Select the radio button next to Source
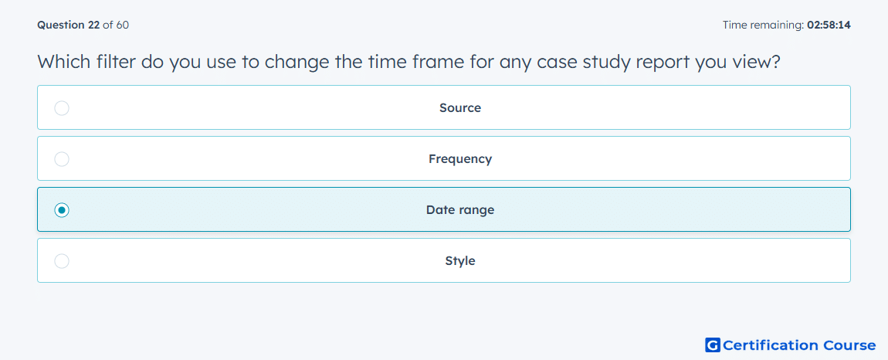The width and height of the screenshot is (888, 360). coord(62,107)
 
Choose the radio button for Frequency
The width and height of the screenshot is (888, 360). coord(62,158)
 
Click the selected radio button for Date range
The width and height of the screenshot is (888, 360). coord(62,210)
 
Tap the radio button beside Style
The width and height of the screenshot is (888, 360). coord(62,261)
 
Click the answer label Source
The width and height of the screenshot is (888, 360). coord(460,107)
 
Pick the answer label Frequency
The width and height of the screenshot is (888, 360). coord(460,158)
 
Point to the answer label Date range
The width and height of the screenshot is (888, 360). coord(460,210)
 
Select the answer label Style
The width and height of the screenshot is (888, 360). coord(460,261)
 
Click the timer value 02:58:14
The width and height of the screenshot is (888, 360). coord(829,25)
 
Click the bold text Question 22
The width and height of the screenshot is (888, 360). coord(69,25)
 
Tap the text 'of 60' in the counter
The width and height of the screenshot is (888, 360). coord(116,25)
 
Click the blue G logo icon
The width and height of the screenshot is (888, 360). coord(713,345)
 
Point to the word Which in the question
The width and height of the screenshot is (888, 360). coord(64,62)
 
